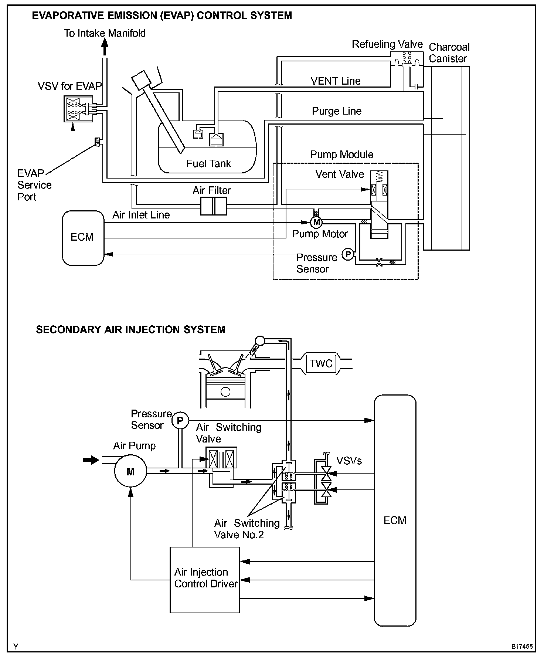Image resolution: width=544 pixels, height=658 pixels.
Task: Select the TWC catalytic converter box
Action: point(321,363)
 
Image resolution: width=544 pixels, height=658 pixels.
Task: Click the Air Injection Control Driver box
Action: point(205,580)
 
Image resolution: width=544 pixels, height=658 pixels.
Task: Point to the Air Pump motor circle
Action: point(130,472)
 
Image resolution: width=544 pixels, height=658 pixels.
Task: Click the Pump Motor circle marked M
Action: point(316,222)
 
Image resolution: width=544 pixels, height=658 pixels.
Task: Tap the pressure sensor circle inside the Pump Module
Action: point(348,254)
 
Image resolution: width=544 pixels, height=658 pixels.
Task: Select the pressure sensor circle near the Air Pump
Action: point(180,421)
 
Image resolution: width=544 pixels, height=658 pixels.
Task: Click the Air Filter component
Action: point(214,206)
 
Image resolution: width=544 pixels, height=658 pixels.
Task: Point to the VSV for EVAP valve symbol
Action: point(78,109)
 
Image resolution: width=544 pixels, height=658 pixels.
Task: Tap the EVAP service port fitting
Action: point(98,142)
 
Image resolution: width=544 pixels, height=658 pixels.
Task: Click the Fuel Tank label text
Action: point(208,163)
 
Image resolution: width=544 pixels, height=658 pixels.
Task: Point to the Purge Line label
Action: point(337,111)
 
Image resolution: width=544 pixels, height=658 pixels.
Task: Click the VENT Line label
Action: point(336,81)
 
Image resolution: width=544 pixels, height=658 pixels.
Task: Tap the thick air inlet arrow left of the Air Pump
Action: point(91,460)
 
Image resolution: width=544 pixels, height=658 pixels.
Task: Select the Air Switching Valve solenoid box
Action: point(221,458)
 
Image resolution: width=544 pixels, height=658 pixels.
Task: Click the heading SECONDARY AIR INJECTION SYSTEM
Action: point(131,329)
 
